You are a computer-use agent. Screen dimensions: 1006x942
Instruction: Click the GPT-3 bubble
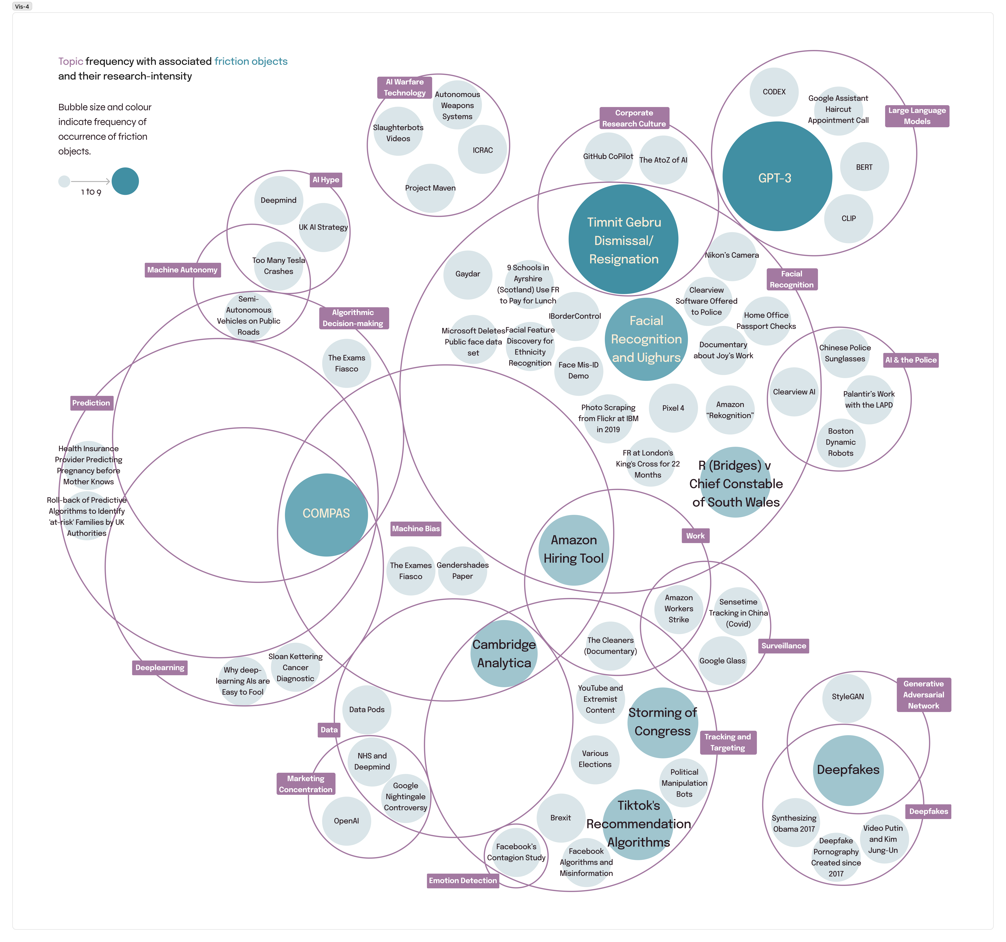[x=777, y=176]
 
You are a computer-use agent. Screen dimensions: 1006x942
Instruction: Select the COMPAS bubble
[x=326, y=515]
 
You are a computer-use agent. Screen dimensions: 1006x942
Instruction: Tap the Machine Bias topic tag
[x=416, y=529]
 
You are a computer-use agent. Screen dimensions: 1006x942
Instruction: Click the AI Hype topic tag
[x=326, y=180]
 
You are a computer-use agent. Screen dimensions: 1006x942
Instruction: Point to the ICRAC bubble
[x=482, y=150]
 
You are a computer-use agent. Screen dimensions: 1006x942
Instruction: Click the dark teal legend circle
[x=125, y=181]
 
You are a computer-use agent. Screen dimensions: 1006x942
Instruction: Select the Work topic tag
[x=695, y=536]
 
